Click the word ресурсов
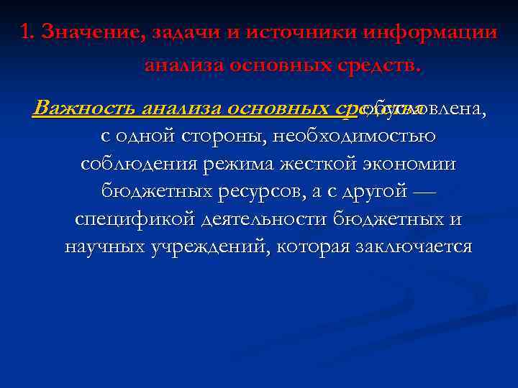(257, 192)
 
